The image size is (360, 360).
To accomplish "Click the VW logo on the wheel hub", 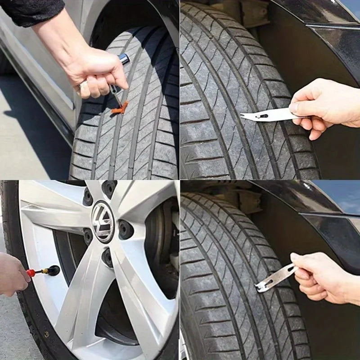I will [x=103, y=221].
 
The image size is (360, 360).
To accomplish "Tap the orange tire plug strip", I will [x=120, y=108].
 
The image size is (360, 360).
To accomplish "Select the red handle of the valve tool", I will [x=31, y=273].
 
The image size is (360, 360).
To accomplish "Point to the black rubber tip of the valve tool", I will [x=54, y=270].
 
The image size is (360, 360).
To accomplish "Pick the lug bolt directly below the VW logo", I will [x=107, y=257].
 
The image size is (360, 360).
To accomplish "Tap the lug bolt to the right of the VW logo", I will [x=126, y=229].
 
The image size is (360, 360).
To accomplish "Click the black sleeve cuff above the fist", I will [x=31, y=11].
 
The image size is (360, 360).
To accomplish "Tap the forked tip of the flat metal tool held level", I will [x=245, y=117].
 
